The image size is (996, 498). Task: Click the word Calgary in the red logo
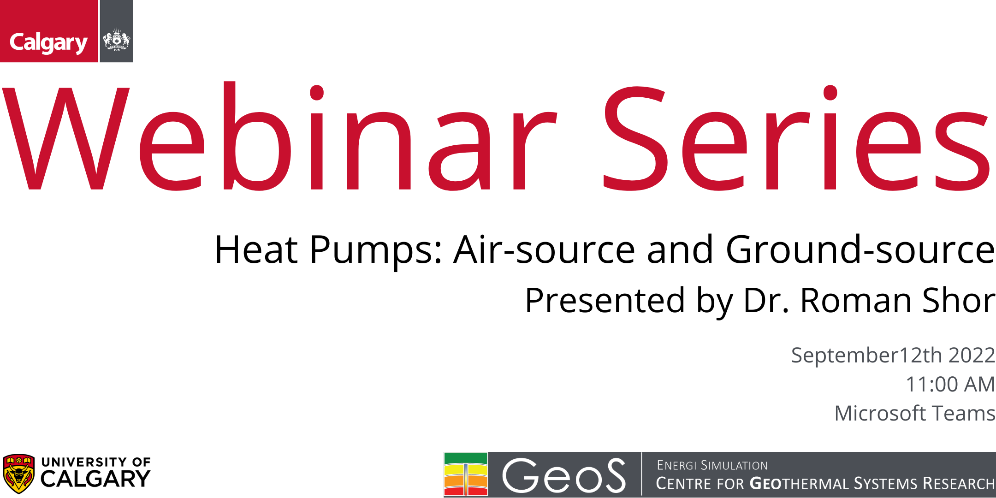click(x=48, y=43)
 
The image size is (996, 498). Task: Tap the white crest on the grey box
click(x=116, y=40)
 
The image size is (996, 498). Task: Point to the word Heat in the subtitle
click(x=256, y=249)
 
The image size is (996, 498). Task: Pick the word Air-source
click(x=545, y=249)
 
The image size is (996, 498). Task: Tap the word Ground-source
click(x=860, y=249)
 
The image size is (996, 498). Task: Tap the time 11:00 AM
click(x=950, y=384)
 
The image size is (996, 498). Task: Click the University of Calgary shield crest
click(x=18, y=474)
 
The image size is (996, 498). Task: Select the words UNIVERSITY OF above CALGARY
click(x=96, y=462)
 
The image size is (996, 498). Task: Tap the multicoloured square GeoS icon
click(x=466, y=474)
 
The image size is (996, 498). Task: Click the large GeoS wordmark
click(x=564, y=475)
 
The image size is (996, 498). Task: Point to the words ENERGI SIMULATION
click(x=712, y=465)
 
